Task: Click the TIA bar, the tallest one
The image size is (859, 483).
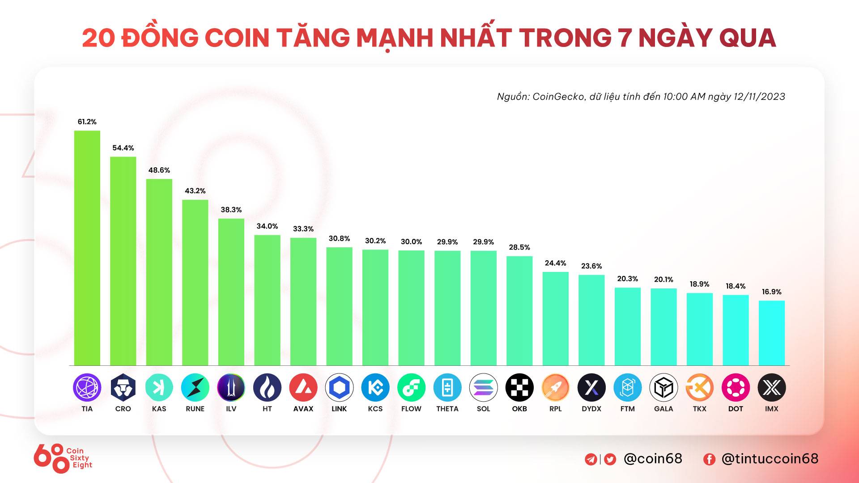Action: pyautogui.click(x=87, y=248)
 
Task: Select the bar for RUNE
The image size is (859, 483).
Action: pyautogui.click(x=195, y=283)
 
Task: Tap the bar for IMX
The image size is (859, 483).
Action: pyautogui.click(x=771, y=333)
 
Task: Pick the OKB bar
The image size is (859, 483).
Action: pyautogui.click(x=519, y=311)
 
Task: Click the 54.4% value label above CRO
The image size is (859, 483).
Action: pyautogui.click(x=123, y=148)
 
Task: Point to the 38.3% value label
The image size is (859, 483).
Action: pyautogui.click(x=231, y=210)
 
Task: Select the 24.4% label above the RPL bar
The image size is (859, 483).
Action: pyautogui.click(x=555, y=263)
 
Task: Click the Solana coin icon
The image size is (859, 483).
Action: pyautogui.click(x=483, y=387)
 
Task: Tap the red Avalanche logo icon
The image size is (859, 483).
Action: pyautogui.click(x=303, y=387)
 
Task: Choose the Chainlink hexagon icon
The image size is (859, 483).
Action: pyautogui.click(x=339, y=387)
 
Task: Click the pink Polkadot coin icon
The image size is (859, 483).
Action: pyautogui.click(x=736, y=387)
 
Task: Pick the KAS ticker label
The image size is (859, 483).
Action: pyautogui.click(x=159, y=409)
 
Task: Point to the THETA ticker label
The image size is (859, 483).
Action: pyautogui.click(x=447, y=409)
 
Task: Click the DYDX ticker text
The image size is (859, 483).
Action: pyautogui.click(x=591, y=409)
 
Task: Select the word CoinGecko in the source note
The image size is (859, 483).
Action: pyautogui.click(x=558, y=97)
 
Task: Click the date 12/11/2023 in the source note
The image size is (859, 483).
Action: pyautogui.click(x=759, y=97)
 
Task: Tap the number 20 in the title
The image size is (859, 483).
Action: pyautogui.click(x=98, y=38)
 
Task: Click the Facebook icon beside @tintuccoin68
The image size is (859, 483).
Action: pyautogui.click(x=709, y=459)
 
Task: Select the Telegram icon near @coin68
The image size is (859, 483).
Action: pyautogui.click(x=591, y=459)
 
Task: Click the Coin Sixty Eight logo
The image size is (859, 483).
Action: pyautogui.click(x=63, y=458)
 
